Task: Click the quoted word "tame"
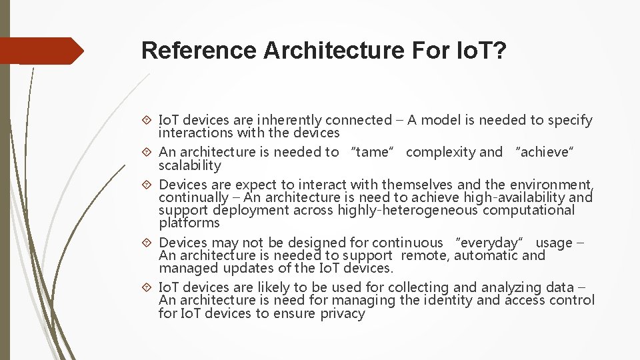[x=372, y=152]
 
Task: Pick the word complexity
[x=440, y=152]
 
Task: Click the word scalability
[x=189, y=165]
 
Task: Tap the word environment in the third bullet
[x=551, y=184]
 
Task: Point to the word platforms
[x=189, y=223]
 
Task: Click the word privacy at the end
[x=342, y=313]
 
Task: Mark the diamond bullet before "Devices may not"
[x=148, y=243]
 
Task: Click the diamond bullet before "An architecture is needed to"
[x=148, y=152]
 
